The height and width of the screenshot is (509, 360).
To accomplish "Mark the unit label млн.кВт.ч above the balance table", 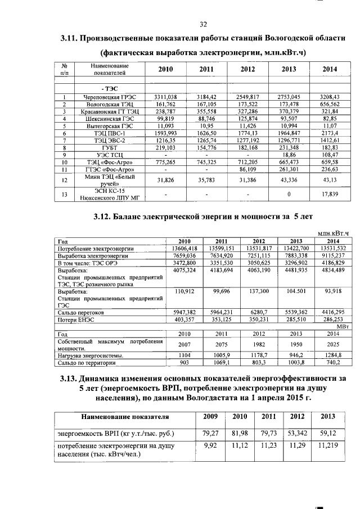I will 334,233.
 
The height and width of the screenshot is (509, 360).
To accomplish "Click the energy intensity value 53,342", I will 298,433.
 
